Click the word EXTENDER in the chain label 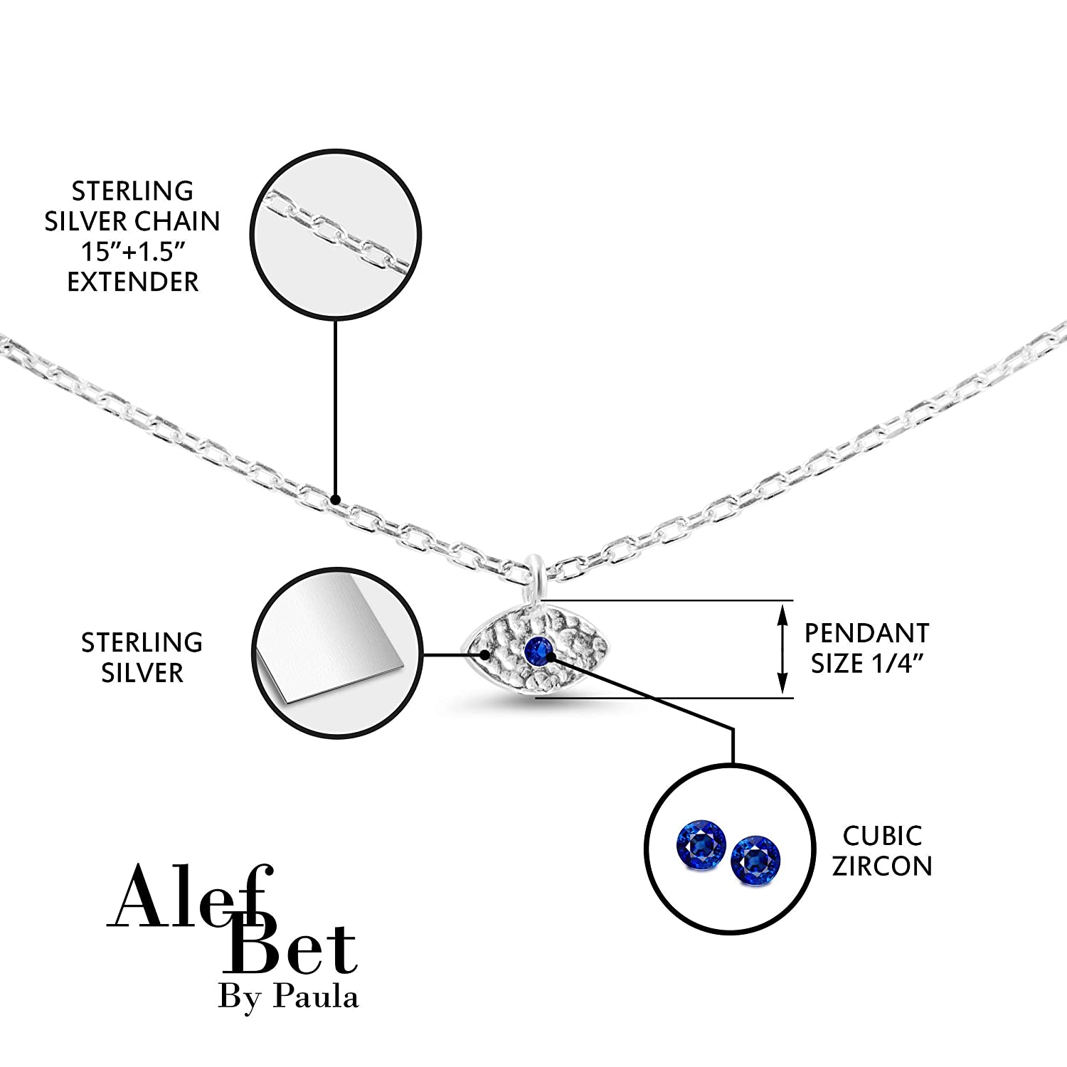[133, 282]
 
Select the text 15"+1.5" [133, 252]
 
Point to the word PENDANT [866, 633]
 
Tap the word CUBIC [882, 836]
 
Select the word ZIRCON [882, 866]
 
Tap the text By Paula [288, 996]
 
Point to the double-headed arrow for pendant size [782, 649]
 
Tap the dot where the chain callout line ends [335, 499]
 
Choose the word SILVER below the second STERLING [142, 673]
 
